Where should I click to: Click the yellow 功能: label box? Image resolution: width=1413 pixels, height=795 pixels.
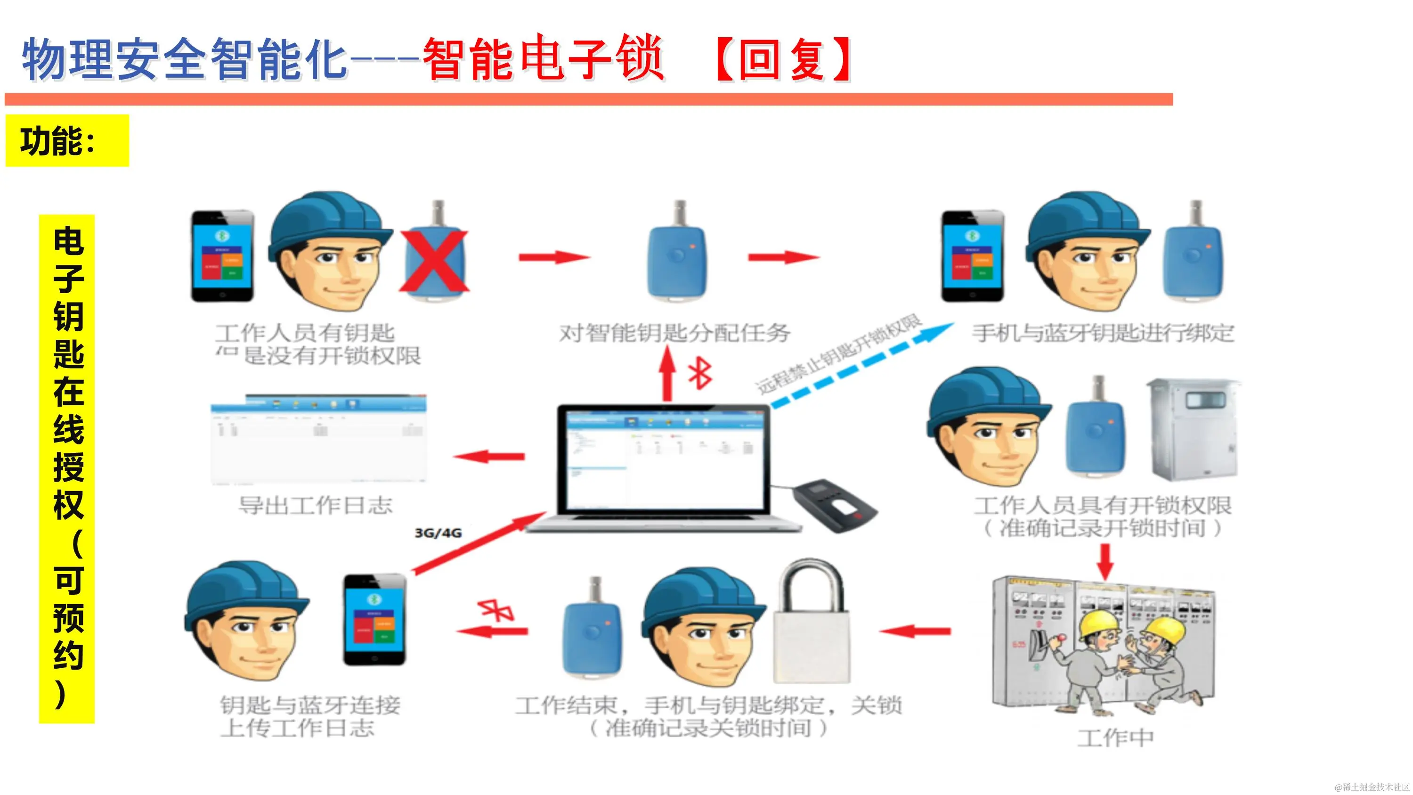tap(67, 140)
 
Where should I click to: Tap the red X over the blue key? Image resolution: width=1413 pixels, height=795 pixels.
tap(434, 261)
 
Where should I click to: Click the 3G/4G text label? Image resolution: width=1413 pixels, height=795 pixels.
tap(438, 533)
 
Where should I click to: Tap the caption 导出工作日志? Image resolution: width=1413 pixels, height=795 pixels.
tap(316, 505)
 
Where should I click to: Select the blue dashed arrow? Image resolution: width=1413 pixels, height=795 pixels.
tap(861, 365)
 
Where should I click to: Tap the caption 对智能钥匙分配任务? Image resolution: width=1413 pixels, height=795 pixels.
tap(674, 333)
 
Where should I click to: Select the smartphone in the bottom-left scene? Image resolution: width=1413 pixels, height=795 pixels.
tap(374, 620)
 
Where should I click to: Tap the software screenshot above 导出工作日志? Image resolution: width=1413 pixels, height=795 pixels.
tap(318, 439)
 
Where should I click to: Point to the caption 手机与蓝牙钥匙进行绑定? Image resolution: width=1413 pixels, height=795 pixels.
tap(1103, 333)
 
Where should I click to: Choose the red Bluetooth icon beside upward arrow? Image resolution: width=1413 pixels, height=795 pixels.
tap(700, 374)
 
